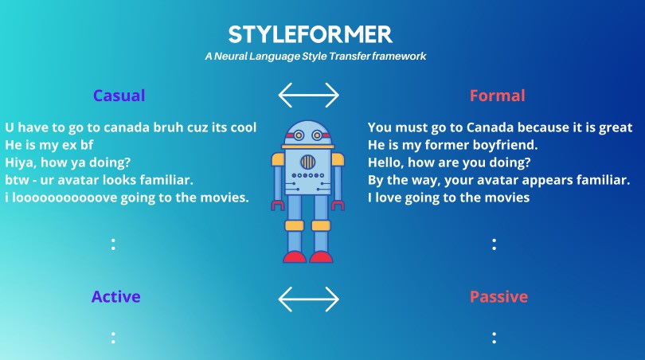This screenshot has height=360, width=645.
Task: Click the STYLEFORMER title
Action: pos(311,34)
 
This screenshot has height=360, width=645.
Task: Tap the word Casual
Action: pos(119,96)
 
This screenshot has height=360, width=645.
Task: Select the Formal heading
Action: pos(498,96)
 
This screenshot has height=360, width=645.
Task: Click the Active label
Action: pos(116,296)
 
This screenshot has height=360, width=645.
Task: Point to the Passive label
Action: pos(498,296)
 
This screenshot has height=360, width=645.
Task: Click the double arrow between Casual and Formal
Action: pos(308,95)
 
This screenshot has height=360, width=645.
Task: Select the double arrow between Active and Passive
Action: pos(308,299)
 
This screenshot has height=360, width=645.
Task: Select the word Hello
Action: pos(385,162)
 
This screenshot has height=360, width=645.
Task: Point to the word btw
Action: pos(17,180)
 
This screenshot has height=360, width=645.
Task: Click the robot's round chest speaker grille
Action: pos(307,162)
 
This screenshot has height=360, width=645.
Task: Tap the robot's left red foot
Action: pos(295,257)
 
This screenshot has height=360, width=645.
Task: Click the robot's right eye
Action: pos(317,135)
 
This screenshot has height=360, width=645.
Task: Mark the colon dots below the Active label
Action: pos(113,338)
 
